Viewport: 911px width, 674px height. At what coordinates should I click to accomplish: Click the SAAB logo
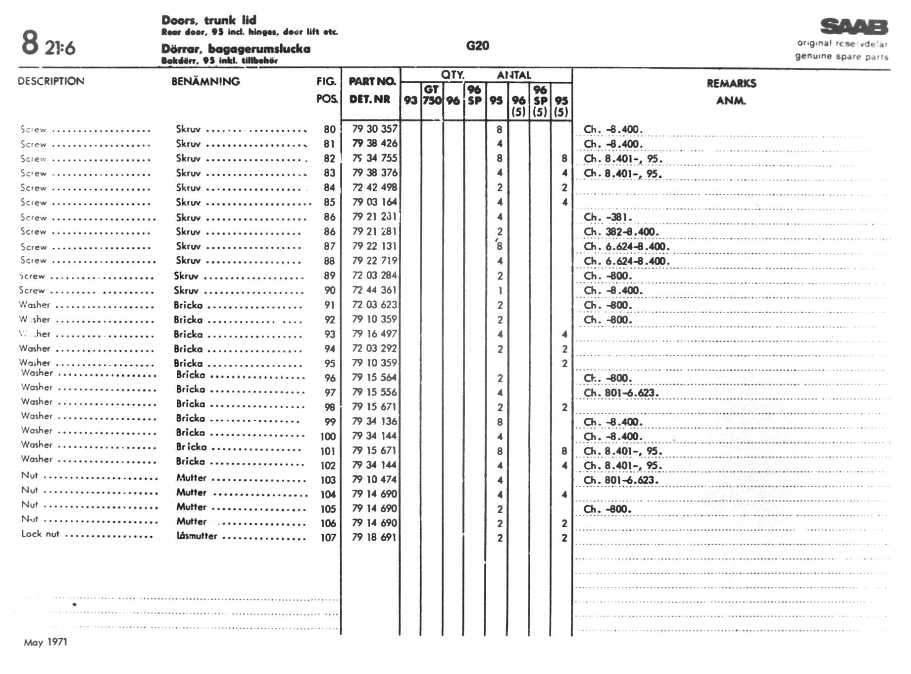854,27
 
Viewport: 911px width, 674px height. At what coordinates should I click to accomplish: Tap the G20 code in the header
477,46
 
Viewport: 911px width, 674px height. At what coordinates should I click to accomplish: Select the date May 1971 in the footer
46,642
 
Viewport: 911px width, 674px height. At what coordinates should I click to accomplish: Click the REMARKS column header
731,83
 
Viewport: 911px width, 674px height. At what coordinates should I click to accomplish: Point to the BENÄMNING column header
205,81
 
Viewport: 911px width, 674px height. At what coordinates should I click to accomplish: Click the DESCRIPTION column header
51,81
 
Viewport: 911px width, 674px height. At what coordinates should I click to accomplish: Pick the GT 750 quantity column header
432,95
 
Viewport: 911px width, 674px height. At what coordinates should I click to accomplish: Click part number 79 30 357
375,129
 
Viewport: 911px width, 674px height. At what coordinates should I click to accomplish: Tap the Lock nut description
40,534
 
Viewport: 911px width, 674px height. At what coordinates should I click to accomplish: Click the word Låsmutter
197,536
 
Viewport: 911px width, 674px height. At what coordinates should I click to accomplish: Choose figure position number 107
328,538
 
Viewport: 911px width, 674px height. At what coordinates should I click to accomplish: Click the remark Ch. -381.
608,217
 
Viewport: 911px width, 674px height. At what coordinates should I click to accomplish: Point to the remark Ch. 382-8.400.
620,232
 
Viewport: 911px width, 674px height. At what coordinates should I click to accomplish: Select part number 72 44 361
374,290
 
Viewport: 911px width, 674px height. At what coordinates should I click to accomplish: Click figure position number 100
328,437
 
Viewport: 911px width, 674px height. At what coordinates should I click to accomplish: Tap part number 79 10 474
374,479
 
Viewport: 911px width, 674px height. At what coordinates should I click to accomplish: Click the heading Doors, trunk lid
209,20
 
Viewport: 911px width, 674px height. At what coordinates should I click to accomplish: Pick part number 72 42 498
374,187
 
